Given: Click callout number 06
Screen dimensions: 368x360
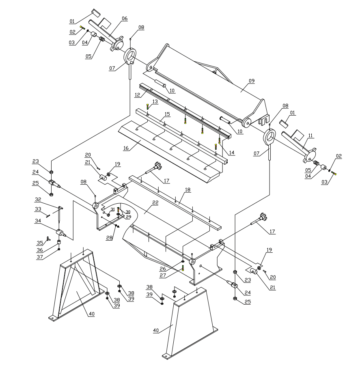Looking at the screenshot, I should coord(124,18).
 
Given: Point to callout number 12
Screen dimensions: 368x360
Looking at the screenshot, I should coord(138,95).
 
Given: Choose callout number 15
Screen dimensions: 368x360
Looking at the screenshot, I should coord(166,115).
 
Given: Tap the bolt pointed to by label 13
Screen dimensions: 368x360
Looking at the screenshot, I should coord(147,107).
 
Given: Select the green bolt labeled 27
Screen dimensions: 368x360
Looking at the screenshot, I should coord(183,268).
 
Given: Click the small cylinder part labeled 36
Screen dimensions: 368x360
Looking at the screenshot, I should coord(59,243).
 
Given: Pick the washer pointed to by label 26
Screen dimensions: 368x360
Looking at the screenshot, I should coord(183,261).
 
